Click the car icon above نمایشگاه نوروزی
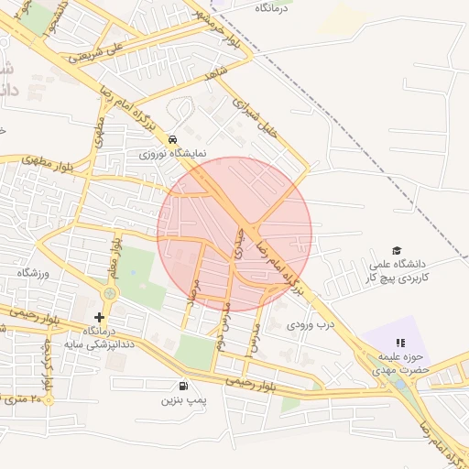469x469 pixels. tap(172, 138)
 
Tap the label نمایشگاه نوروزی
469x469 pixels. tap(173, 154)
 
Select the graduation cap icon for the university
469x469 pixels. tap(397, 250)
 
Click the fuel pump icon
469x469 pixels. tap(185, 386)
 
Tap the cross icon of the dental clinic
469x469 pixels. tap(99, 317)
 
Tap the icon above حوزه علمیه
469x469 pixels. tap(400, 343)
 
